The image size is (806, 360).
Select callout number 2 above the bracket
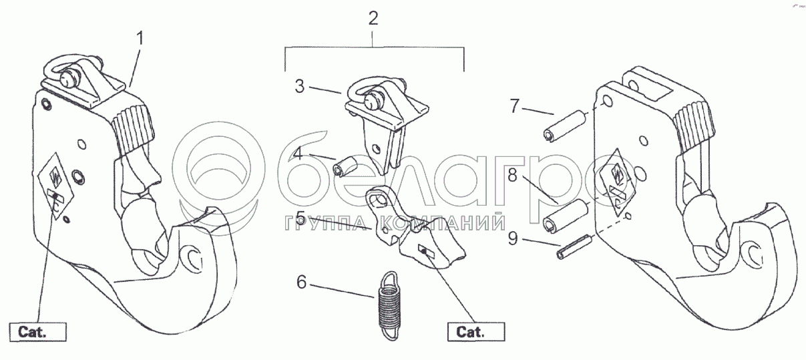[x=374, y=18]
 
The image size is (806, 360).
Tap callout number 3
[x=300, y=86]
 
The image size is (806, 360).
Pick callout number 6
[x=301, y=283]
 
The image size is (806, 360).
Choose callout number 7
[x=515, y=106]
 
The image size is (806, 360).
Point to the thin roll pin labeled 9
[x=573, y=250]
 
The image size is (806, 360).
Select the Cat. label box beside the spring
[x=475, y=331]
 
